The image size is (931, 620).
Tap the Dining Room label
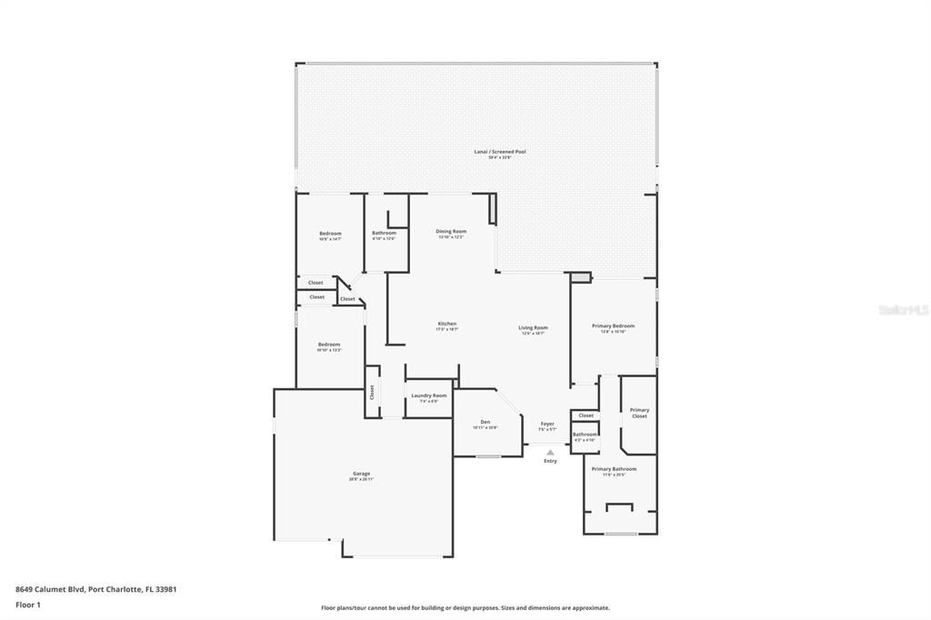point(451,232)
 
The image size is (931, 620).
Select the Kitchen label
point(446,325)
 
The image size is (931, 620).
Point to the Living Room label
point(533,328)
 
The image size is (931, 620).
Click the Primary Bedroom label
point(613,326)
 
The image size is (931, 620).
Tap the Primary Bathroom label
point(614,469)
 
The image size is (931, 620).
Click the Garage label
point(362,474)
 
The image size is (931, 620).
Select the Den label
point(486,423)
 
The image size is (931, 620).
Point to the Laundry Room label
point(428,395)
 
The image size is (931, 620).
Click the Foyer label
point(547,424)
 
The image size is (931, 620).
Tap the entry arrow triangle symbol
point(550,452)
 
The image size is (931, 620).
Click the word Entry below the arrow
point(550,461)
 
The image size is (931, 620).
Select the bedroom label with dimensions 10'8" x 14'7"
point(330,235)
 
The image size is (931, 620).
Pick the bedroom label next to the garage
point(329,345)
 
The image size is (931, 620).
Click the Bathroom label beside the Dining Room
point(384,234)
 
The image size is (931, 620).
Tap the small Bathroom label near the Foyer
point(585,435)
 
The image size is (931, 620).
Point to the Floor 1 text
point(28,605)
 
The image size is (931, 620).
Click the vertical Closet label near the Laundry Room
point(372,392)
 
